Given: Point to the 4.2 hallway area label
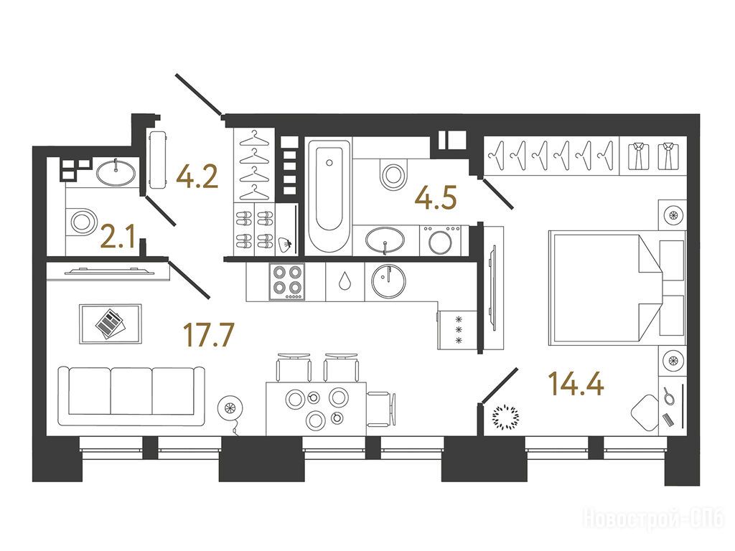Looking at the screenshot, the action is [x=197, y=176].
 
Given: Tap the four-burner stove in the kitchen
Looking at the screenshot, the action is [x=286, y=281].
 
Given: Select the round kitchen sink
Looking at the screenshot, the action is [x=388, y=281].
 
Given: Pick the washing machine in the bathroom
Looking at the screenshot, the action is [x=441, y=241].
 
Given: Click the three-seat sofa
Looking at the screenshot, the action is [x=132, y=396].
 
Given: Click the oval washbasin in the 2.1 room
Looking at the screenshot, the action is [x=116, y=172].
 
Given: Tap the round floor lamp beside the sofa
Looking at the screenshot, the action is [x=230, y=408].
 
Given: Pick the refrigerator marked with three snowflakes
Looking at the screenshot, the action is [x=457, y=331].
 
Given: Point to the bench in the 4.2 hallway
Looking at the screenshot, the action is [x=158, y=160].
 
